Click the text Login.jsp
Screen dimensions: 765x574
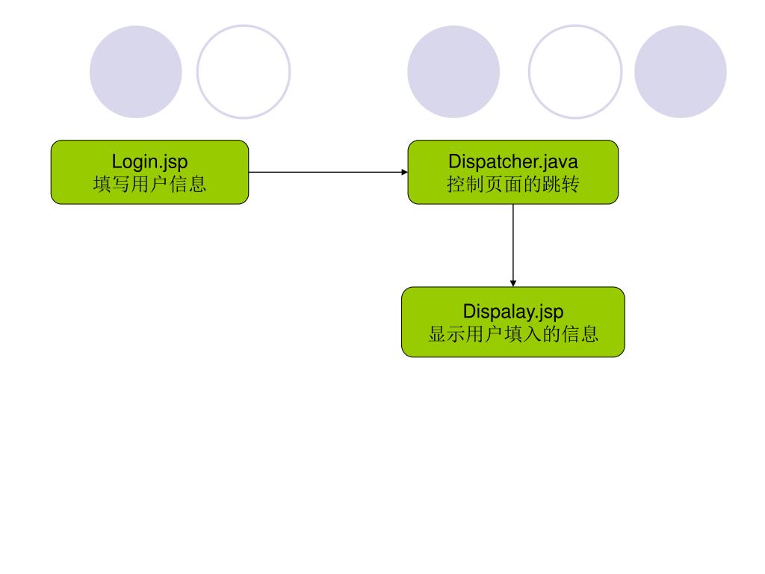pyautogui.click(x=149, y=161)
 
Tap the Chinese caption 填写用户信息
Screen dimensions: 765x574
pyautogui.click(x=149, y=184)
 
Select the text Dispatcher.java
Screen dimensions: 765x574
pyautogui.click(x=513, y=161)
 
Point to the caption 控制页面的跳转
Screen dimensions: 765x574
pyautogui.click(x=513, y=184)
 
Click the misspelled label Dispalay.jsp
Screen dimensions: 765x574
pyautogui.click(x=513, y=311)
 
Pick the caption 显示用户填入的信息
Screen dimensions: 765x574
pyautogui.click(x=513, y=333)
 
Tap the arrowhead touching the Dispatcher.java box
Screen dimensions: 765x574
pyautogui.click(x=404, y=172)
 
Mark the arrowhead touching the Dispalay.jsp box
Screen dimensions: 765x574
pyautogui.click(x=513, y=283)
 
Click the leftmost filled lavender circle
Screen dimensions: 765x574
pyautogui.click(x=136, y=72)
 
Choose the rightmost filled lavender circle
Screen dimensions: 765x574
pyautogui.click(x=681, y=72)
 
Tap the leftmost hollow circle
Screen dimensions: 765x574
pyautogui.click(x=244, y=72)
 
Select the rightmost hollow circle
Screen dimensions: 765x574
pyautogui.click(x=575, y=72)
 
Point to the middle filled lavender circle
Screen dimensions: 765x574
pyautogui.click(x=453, y=72)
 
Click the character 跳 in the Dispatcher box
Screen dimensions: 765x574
pyautogui.click(x=552, y=184)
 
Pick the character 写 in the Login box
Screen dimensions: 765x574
pyautogui.click(x=120, y=184)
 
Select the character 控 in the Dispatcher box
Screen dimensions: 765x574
pyautogui.click(x=456, y=184)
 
